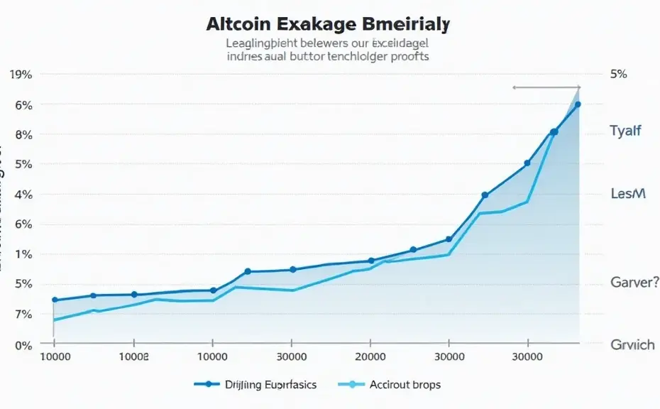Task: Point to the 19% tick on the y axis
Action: coord(21,75)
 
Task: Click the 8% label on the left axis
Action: coord(23,134)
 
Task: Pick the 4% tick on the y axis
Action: coord(23,195)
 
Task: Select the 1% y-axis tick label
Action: coord(23,254)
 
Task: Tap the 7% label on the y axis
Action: coord(23,314)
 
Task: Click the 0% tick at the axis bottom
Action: coord(23,345)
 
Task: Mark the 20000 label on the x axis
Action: coord(370,357)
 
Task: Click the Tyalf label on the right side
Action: coord(625,131)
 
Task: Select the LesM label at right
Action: coord(628,194)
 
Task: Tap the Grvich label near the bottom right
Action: coord(632,344)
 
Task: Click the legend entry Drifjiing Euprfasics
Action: coord(270,385)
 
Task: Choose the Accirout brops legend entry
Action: coord(405,385)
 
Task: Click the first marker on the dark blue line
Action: coord(55,300)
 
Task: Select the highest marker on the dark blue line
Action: coord(578,104)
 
